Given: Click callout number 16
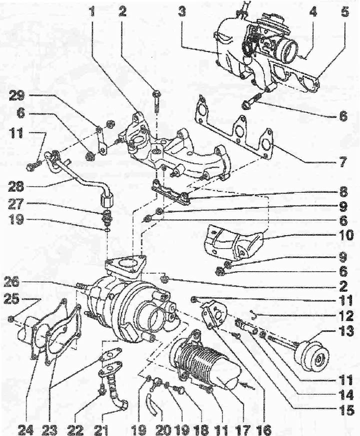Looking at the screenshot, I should coord(263,428).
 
